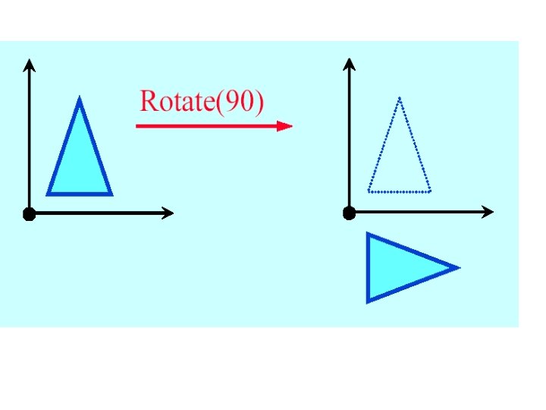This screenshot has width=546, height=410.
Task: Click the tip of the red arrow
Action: (x=291, y=126)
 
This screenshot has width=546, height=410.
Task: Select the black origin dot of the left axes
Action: (x=29, y=214)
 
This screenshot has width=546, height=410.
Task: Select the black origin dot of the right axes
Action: (x=349, y=213)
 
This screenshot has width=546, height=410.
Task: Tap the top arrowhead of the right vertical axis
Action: (x=349, y=61)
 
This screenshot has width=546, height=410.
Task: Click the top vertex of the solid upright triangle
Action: (x=80, y=99)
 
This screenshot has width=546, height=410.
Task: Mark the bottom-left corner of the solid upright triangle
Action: (x=49, y=194)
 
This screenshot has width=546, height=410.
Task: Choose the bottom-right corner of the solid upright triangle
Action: (x=111, y=194)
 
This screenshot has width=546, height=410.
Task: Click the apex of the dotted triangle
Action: (x=400, y=98)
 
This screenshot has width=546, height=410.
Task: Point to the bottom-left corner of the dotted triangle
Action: (x=369, y=191)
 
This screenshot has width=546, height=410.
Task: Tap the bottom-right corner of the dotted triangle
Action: (x=430, y=191)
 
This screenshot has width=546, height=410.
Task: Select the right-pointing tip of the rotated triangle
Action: (x=458, y=267)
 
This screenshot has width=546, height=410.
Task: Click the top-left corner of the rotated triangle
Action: (x=368, y=235)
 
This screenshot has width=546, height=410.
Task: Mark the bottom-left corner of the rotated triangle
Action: (x=368, y=301)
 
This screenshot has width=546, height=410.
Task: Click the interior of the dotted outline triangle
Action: (x=400, y=163)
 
